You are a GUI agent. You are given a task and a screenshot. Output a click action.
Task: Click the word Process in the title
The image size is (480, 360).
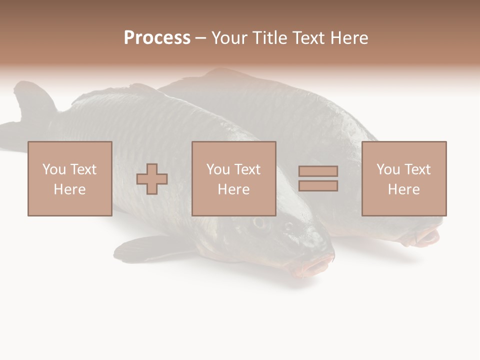(157, 38)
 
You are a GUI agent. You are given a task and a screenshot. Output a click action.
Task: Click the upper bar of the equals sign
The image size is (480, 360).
(318, 171)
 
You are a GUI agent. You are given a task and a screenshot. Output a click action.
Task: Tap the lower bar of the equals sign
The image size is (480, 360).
(318, 185)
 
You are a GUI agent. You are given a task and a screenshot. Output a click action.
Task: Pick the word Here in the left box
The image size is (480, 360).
(69, 189)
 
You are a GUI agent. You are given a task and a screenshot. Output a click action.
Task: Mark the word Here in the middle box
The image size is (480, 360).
(233, 189)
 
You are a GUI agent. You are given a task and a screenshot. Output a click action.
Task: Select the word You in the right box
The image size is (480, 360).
(388, 169)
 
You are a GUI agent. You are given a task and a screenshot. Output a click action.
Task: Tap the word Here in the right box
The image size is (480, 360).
(403, 189)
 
